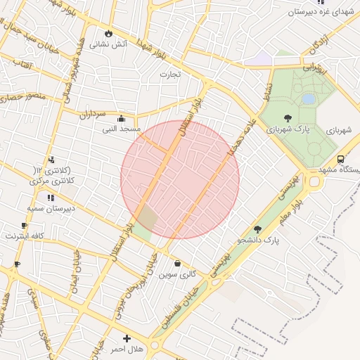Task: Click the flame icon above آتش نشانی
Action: (108, 33)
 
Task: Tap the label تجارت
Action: (170, 74)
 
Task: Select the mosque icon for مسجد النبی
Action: (122, 119)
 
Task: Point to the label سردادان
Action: (92, 114)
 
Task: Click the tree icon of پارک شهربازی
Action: (288, 118)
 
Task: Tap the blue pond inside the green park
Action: (309, 99)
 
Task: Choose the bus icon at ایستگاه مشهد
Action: (340, 159)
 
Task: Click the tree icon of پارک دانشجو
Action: (257, 229)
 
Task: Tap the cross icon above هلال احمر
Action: (127, 338)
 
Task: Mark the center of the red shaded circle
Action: (180, 179)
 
